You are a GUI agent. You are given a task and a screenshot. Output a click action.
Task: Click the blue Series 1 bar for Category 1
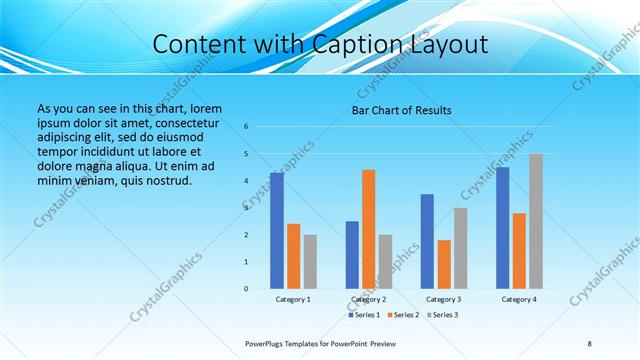point(276,231)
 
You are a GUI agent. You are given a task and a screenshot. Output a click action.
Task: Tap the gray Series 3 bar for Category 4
point(536,221)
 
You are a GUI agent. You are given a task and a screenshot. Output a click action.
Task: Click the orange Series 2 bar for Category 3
point(444,264)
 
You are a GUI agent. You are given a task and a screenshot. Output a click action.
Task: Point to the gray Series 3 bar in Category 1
point(310,262)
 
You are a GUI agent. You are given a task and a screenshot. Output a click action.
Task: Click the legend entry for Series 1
point(363,315)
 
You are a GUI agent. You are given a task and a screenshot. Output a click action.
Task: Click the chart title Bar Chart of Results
point(401,110)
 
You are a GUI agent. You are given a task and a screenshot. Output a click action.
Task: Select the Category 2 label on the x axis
point(368,299)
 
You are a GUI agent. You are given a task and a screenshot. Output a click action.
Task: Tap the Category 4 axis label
point(519,299)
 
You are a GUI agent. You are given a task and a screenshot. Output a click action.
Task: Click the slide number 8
point(589,343)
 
